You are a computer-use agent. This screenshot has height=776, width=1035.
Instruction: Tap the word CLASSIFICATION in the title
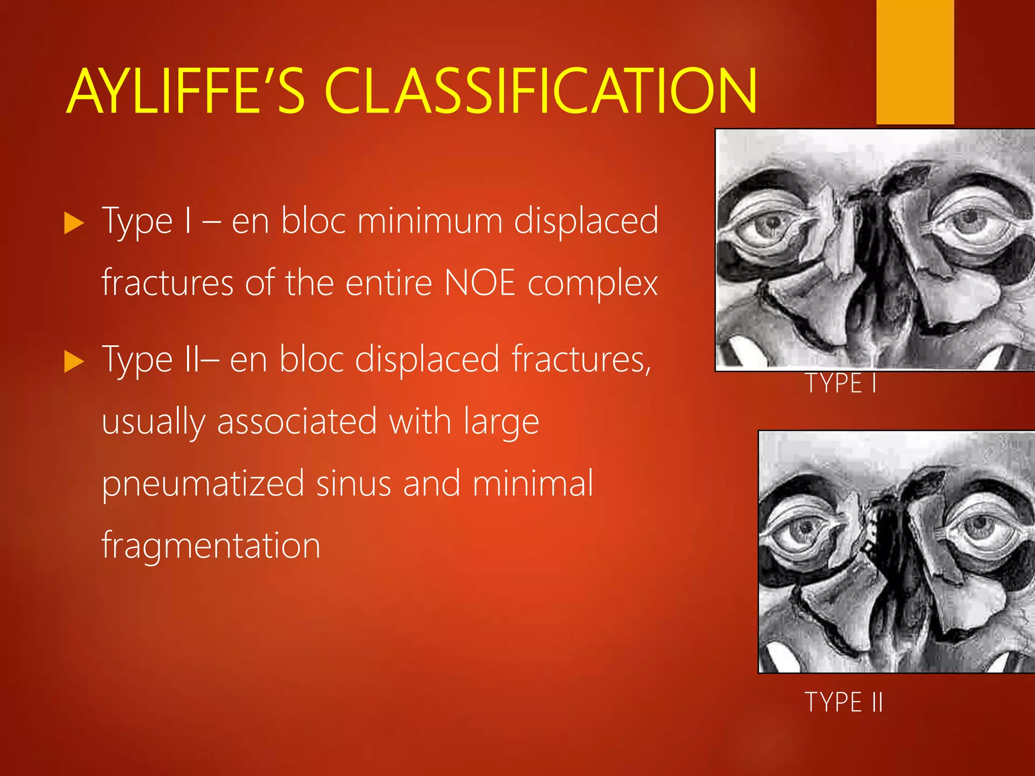tap(541, 91)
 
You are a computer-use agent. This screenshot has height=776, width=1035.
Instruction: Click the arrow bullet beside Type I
tap(74, 223)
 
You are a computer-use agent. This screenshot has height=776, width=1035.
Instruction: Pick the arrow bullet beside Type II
tap(74, 362)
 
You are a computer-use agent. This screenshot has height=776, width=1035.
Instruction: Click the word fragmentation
tap(211, 546)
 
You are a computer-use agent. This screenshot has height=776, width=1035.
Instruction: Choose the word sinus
tap(354, 483)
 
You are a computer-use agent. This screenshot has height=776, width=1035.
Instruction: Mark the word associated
tap(297, 421)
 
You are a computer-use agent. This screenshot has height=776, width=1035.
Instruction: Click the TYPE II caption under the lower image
tap(843, 702)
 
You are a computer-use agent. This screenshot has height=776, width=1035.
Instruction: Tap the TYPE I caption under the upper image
tap(840, 383)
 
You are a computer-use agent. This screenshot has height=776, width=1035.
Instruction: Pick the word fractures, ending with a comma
tap(581, 359)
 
